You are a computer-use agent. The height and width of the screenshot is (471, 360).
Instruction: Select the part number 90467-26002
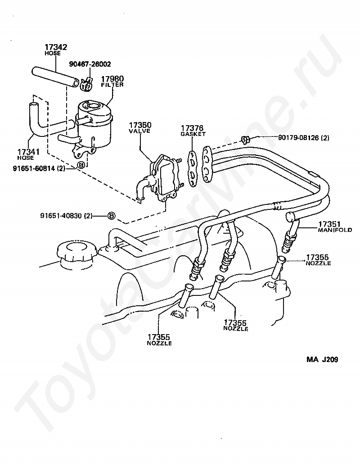click(90, 64)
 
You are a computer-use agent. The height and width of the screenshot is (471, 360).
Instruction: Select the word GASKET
click(193, 134)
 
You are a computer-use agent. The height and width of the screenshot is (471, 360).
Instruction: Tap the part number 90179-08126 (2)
click(297, 138)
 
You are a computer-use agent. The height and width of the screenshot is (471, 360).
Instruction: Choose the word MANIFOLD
click(335, 230)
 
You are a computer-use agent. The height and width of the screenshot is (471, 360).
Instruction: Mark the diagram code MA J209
click(322, 360)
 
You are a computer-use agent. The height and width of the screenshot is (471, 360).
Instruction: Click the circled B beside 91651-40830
click(111, 216)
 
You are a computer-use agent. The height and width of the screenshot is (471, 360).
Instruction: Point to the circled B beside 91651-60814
click(81, 165)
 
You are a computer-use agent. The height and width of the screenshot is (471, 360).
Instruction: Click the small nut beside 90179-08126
click(245, 139)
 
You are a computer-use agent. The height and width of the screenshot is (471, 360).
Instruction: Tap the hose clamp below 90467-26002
click(87, 82)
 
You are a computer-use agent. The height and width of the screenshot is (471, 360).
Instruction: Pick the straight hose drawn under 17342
click(54, 76)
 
